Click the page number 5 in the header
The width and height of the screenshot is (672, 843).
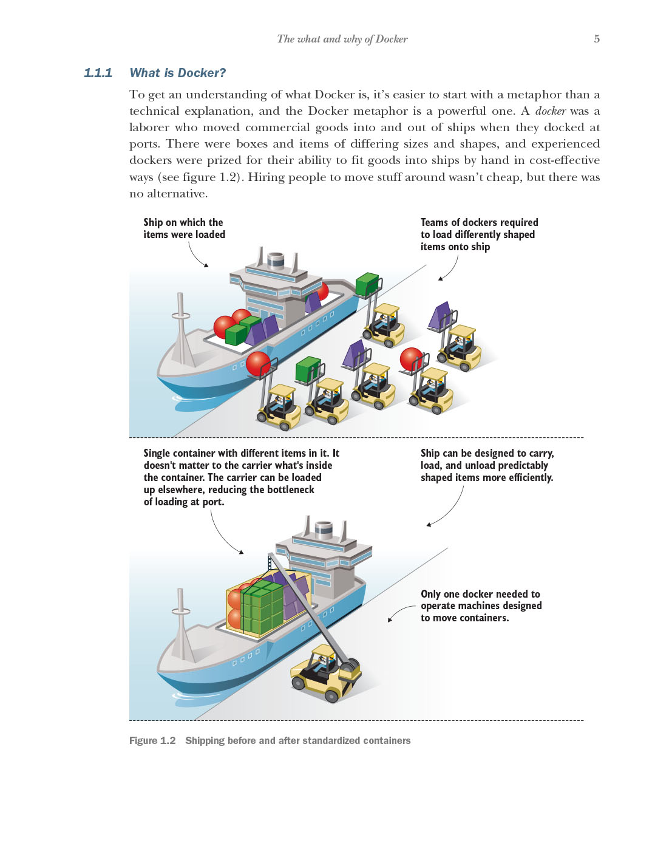pyautogui.click(x=596, y=39)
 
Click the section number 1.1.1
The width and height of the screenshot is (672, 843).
pyautogui.click(x=98, y=73)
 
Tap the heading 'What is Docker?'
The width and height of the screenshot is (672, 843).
pyautogui.click(x=177, y=73)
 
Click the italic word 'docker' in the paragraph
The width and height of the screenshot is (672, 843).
pyautogui.click(x=550, y=111)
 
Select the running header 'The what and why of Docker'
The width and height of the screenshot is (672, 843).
pyautogui.click(x=342, y=39)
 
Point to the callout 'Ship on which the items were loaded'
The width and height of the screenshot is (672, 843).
pyautogui.click(x=184, y=228)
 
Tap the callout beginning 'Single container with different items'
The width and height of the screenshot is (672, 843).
pyautogui.click(x=241, y=477)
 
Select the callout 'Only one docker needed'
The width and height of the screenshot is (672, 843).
pyautogui.click(x=481, y=606)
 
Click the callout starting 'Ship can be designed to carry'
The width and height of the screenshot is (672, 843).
pyautogui.click(x=487, y=465)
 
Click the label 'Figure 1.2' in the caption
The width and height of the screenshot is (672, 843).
pyautogui.click(x=152, y=740)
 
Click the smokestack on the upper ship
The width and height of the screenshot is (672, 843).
pyautogui.click(x=276, y=260)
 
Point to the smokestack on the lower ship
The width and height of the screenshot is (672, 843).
pyautogui.click(x=324, y=530)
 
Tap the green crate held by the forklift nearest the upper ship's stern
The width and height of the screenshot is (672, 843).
pyautogui.click(x=367, y=284)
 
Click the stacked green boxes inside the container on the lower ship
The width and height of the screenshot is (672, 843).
pyautogui.click(x=262, y=607)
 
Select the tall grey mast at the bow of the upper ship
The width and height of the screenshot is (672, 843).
pyautogui.click(x=180, y=328)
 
